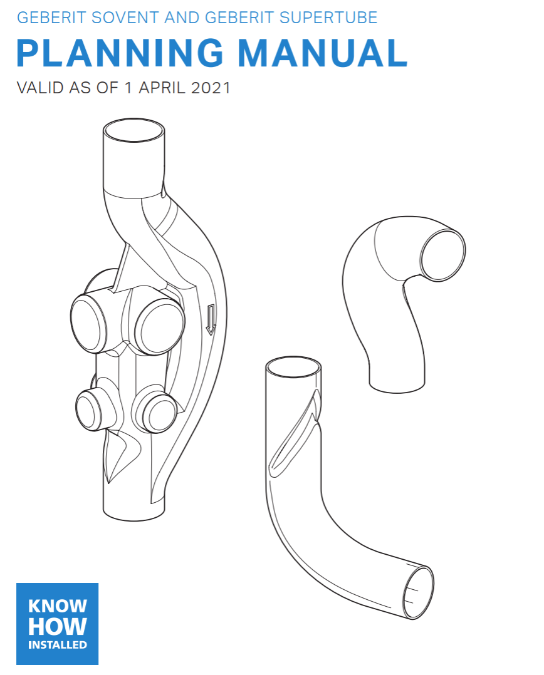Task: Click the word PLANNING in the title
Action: (x=120, y=53)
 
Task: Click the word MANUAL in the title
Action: (x=323, y=53)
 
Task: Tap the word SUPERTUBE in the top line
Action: (x=328, y=18)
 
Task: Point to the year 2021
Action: (x=211, y=88)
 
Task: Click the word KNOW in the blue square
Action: (x=57, y=606)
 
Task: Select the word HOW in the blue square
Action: (x=57, y=626)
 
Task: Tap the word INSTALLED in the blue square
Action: (x=57, y=645)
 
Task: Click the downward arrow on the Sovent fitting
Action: (x=210, y=319)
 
